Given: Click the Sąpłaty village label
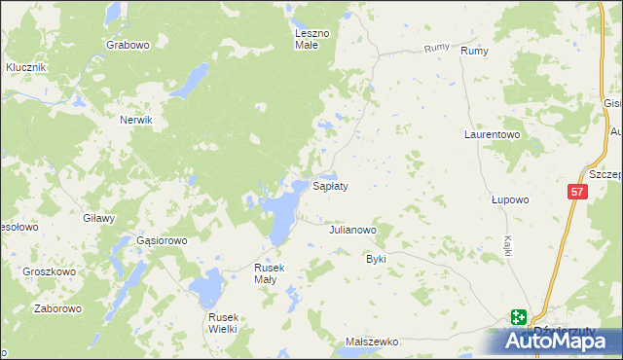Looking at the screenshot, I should click(x=330, y=185).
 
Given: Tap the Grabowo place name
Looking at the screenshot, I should click(x=128, y=45).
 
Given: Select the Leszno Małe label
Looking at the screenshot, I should click(x=313, y=39).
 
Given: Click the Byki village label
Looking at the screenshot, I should click(x=376, y=259).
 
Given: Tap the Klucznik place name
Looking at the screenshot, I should click(x=26, y=66).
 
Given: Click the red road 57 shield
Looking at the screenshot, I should click(x=577, y=193).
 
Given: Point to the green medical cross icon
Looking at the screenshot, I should click(x=518, y=317).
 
